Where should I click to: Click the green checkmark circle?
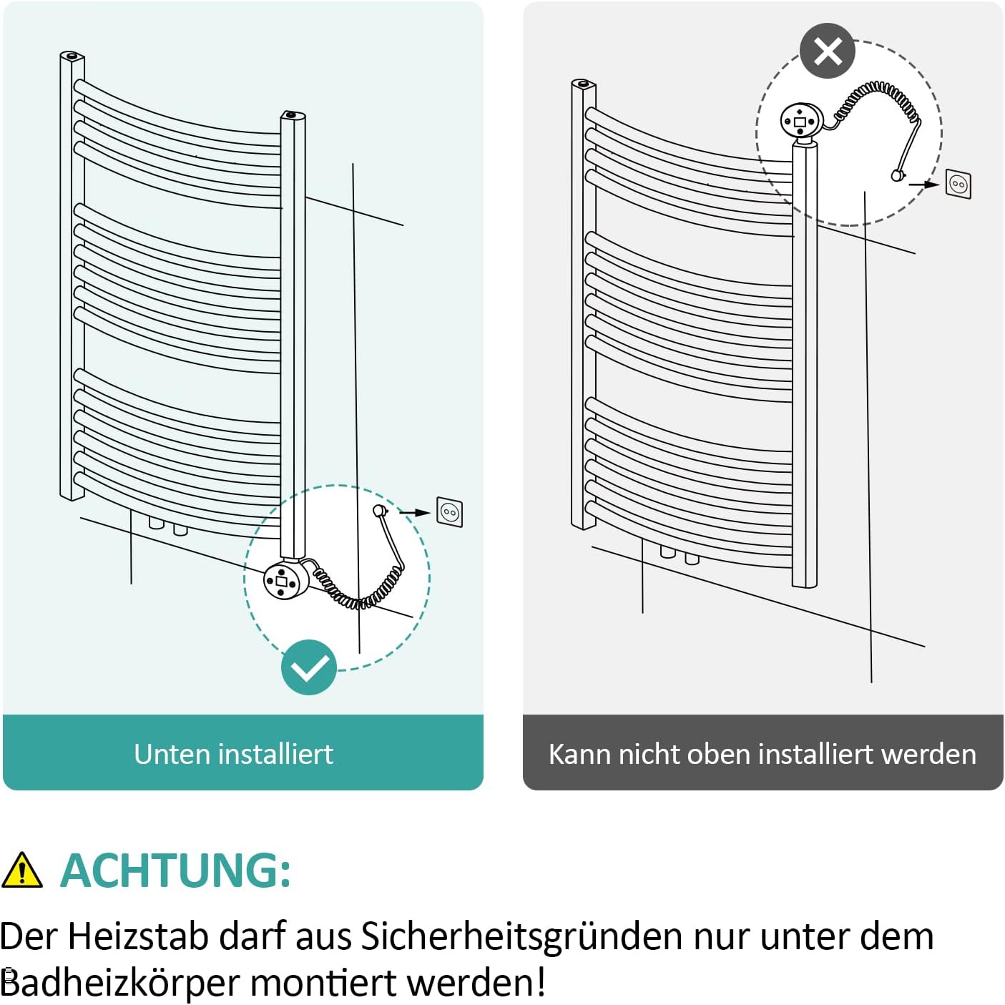click(308, 667)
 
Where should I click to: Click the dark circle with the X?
click(828, 52)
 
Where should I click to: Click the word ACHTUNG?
click(175, 871)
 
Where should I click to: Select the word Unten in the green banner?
click(172, 754)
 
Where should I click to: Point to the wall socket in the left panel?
click(450, 512)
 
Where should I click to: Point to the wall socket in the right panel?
click(959, 184)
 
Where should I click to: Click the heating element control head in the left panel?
click(285, 580)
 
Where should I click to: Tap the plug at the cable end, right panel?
click(897, 175)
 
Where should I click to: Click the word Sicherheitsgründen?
click(521, 936)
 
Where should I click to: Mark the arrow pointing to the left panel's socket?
click(414, 512)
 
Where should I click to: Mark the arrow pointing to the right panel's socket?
click(926, 184)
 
